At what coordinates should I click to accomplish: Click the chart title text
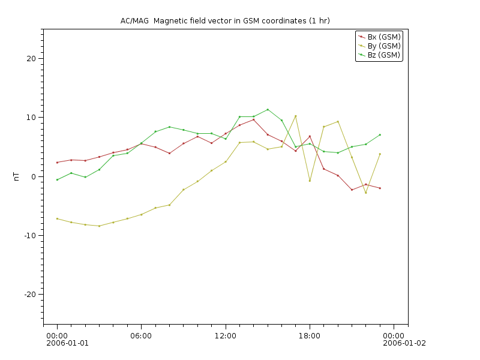(x=225, y=21)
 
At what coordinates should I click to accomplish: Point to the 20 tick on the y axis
(x=31, y=59)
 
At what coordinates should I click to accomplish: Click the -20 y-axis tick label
(x=29, y=295)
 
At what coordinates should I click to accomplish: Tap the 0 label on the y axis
(x=34, y=176)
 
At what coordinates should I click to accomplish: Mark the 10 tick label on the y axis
(x=31, y=118)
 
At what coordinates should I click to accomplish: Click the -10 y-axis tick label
(x=29, y=236)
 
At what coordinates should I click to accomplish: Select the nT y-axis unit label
(x=17, y=176)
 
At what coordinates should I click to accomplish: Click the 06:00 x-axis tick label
(x=141, y=335)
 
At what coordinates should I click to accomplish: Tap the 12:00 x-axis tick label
(x=225, y=335)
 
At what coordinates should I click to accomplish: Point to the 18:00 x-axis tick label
(x=310, y=335)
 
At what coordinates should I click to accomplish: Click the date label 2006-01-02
(x=404, y=343)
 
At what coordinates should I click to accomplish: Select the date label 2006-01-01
(x=67, y=343)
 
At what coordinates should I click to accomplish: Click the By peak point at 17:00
(x=296, y=116)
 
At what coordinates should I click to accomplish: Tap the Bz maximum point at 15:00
(x=268, y=110)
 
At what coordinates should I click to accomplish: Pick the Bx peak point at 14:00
(x=253, y=119)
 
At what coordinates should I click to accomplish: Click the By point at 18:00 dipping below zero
(x=310, y=181)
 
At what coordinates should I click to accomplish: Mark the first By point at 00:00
(x=57, y=218)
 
